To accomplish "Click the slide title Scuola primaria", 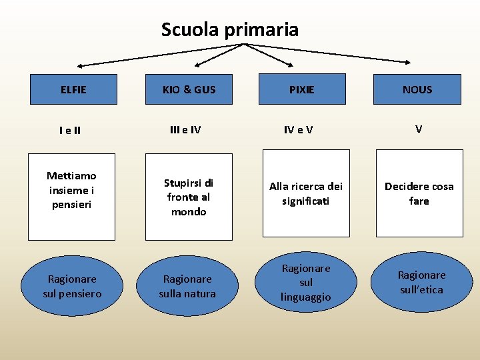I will (x=230, y=30).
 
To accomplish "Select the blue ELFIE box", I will (x=73, y=89).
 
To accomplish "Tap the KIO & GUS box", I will (x=189, y=89).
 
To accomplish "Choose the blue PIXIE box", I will (x=302, y=89).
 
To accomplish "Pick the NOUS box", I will (x=417, y=89).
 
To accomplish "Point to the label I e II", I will (x=69, y=131).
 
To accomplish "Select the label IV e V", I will (x=299, y=130).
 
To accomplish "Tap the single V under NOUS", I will (x=419, y=129).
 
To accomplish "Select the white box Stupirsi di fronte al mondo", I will (x=189, y=197).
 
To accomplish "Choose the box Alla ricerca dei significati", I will (x=305, y=193).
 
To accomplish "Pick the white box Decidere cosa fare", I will (x=419, y=193).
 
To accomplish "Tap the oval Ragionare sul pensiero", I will (x=72, y=286).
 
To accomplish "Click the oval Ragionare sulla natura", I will (x=187, y=286).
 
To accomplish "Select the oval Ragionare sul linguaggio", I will (x=306, y=283).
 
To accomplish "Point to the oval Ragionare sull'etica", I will (x=421, y=282).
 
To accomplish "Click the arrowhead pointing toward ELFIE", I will (x=81, y=66).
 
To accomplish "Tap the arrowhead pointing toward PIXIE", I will (x=290, y=65).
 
